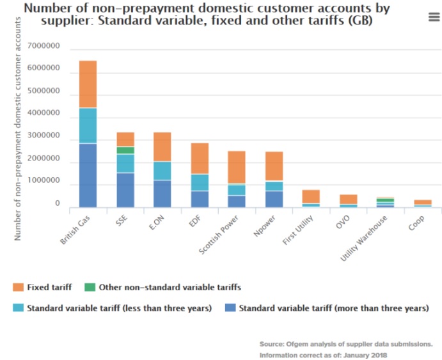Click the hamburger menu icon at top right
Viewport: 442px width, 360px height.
(433, 17)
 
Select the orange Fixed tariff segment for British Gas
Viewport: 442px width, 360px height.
(88, 84)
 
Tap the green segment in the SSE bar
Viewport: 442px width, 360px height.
(125, 150)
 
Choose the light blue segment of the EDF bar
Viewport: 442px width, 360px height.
(200, 182)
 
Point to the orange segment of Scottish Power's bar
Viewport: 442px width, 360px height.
(237, 167)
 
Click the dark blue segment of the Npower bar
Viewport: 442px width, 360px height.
(274, 199)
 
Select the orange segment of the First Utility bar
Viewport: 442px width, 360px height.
(311, 196)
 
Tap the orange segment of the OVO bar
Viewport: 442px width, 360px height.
(348, 199)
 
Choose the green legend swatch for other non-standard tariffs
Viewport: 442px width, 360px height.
(90, 287)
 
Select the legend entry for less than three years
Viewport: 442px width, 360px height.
(118, 308)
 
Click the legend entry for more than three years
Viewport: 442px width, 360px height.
(333, 308)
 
